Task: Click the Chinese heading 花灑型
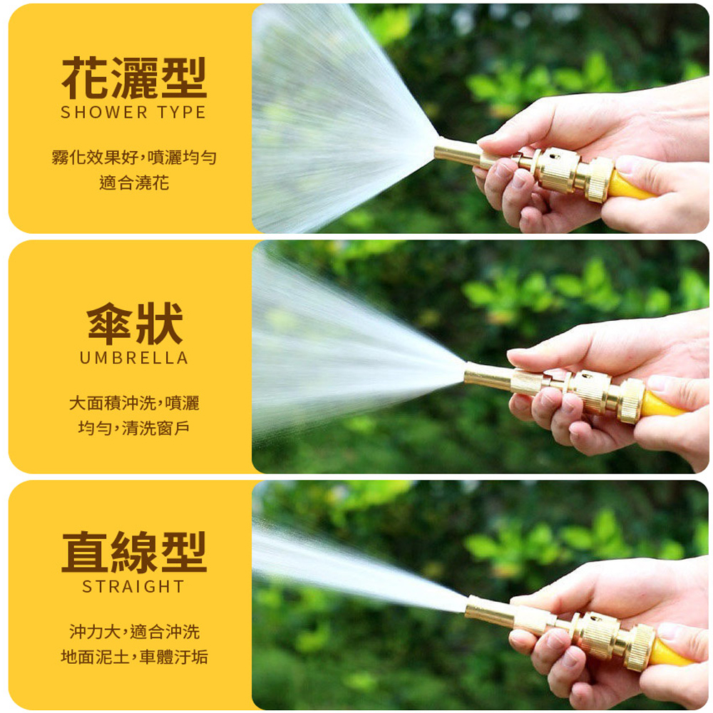coord(134,78)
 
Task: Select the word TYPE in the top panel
coord(181,113)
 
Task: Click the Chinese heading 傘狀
coord(135,323)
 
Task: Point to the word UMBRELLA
coord(134,358)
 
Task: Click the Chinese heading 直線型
coord(134,552)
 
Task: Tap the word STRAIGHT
coord(134,587)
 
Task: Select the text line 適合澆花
coord(134,183)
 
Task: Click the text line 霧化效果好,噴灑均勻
coord(134,158)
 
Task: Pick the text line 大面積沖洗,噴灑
coord(134,403)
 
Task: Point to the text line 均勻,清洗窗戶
coord(134,428)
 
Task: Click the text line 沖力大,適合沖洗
coord(134,632)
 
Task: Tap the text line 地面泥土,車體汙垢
coord(134,657)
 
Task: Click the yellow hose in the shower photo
coord(630,185)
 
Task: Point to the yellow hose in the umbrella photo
coord(662,404)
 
